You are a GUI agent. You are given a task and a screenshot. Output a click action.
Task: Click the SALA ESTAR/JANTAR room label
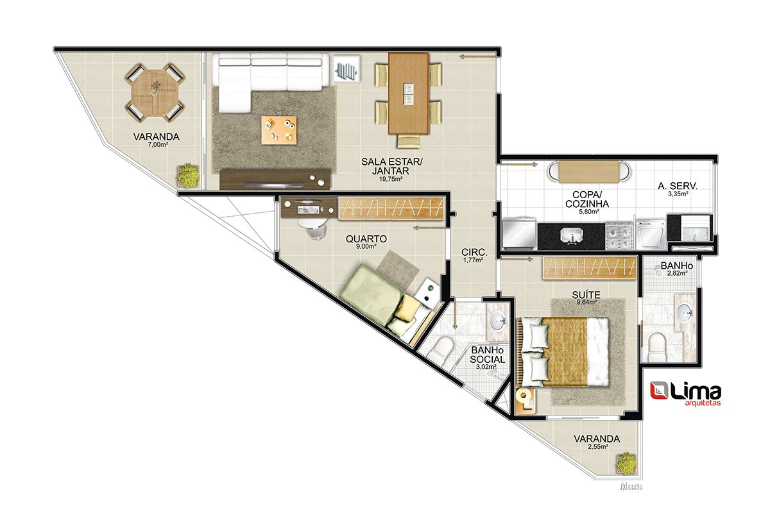tap(391, 166)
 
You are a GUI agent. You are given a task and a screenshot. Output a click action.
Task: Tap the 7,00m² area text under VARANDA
tap(157, 145)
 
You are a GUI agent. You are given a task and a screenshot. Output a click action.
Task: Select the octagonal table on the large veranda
tap(155, 92)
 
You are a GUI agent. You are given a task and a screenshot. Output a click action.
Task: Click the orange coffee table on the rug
tap(278, 130)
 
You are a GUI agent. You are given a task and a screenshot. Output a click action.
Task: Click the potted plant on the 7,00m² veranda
tap(188, 176)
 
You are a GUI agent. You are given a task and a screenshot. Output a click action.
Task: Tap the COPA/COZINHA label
tap(587, 199)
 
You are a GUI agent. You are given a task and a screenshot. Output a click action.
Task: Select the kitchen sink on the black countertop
tap(571, 236)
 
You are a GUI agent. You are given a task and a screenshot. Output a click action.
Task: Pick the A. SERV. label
tap(678, 186)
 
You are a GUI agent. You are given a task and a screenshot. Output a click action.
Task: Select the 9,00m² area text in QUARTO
tap(366, 246)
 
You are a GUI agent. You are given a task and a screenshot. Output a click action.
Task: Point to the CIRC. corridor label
tap(474, 252)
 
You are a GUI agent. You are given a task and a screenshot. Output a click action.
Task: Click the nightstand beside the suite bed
tap(526, 400)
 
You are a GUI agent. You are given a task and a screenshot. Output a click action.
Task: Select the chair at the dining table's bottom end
tap(409, 141)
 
